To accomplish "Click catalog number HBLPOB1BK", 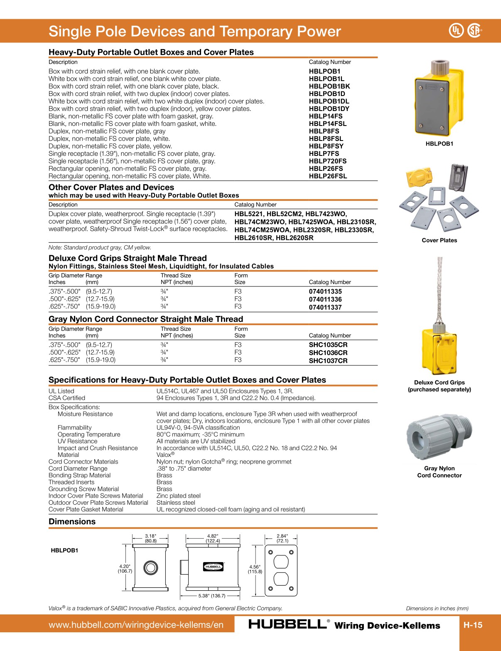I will pos(329,86).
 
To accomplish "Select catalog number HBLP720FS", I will pos(327,161).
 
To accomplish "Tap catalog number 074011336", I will pos(325,299).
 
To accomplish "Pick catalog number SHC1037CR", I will pos(328,361).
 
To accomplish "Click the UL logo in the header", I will pos(456,30).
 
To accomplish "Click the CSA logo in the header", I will pos(474,30).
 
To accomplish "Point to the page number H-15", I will pos(473,625).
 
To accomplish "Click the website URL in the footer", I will pos(136,625).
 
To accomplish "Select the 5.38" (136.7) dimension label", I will pos(211,596).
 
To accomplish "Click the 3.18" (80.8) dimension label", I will pos(150,538).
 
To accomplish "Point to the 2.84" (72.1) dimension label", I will pos(282,538).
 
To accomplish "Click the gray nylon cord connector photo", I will pos(439,436).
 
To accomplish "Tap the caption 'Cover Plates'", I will pos(439,240).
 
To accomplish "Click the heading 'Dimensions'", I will pos(72,522).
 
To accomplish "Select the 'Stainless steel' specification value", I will pos(175,503).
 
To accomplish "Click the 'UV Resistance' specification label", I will pos(77,441).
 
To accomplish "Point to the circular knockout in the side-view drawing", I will pos(150,567).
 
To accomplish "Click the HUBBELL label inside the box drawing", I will pos(214,567).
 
